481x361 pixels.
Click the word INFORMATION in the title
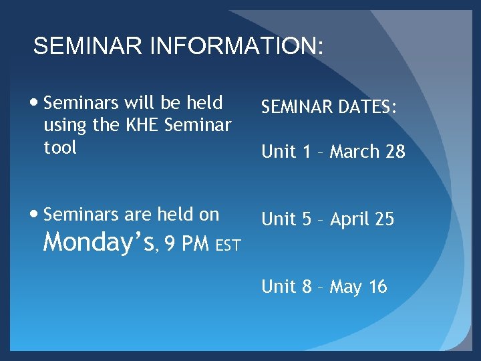click(238, 47)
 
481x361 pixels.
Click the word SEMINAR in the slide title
click(89, 47)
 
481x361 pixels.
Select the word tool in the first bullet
click(60, 146)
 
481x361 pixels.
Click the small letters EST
click(228, 247)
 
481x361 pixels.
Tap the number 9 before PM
click(170, 244)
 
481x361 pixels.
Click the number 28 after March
click(395, 152)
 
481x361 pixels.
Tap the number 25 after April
click(385, 219)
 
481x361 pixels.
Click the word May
click(346, 287)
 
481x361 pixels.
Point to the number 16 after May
click(377, 287)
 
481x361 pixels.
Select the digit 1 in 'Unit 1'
click(307, 152)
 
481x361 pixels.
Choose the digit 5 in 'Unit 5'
click(307, 219)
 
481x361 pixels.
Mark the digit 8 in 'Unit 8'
click(307, 287)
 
